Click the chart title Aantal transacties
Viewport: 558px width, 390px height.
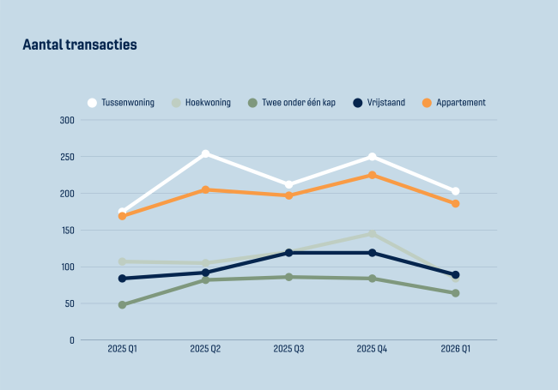(x=79, y=45)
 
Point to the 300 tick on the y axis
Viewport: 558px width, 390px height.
(x=67, y=120)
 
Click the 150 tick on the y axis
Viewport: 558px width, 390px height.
(x=67, y=231)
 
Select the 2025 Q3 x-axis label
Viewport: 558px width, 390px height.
(x=288, y=349)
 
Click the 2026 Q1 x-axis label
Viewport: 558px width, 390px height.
(x=455, y=349)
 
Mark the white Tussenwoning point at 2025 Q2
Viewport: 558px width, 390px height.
(x=205, y=154)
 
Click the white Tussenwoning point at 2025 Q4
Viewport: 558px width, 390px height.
(x=372, y=157)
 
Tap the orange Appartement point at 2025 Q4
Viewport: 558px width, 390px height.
(x=372, y=176)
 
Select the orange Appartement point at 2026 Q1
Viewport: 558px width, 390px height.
(x=455, y=204)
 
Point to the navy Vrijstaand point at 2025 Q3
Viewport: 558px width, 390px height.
(x=288, y=253)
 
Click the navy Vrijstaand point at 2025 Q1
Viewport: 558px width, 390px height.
(x=122, y=279)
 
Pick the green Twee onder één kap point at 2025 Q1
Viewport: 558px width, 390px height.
(x=122, y=305)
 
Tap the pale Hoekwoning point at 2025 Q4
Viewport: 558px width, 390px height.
(x=372, y=234)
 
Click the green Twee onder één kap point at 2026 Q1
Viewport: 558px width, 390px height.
(x=455, y=293)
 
